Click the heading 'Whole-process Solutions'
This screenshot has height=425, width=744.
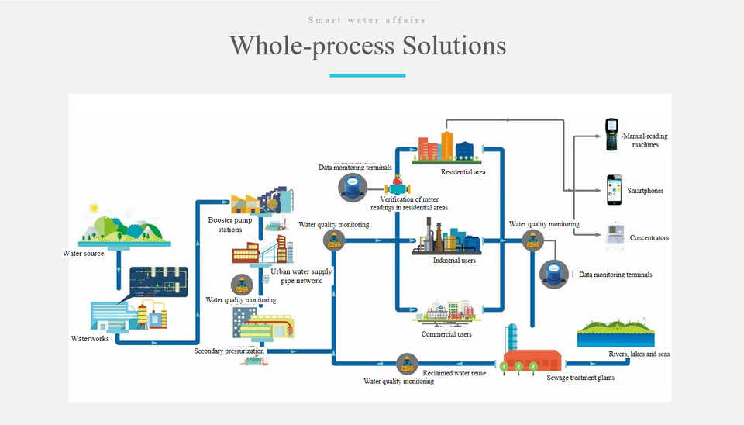[367, 45]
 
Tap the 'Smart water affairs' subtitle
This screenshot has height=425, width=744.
[367, 20]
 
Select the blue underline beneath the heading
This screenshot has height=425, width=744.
[367, 76]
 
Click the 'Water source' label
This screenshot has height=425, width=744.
[84, 254]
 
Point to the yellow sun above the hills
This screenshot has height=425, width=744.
[94, 208]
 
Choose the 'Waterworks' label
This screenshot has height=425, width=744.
[90, 339]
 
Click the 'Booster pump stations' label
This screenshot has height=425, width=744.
[230, 225]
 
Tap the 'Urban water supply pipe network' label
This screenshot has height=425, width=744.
[301, 276]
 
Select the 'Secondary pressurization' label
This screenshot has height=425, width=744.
[229, 351]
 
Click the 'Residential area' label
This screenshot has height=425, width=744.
[463, 172]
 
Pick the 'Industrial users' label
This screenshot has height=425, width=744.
[454, 261]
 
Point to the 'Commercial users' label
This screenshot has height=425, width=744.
[446, 334]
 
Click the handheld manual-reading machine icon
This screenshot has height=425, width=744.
[612, 134]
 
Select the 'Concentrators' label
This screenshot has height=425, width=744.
[649, 238]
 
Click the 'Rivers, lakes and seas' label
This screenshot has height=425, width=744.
[639, 354]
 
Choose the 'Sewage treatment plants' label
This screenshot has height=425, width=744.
[580, 378]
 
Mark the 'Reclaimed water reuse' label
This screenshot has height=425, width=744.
[455, 374]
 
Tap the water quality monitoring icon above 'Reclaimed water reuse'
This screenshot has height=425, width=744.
[407, 363]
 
